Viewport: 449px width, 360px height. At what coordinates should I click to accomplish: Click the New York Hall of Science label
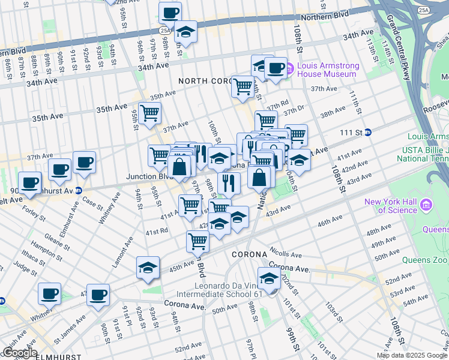390,206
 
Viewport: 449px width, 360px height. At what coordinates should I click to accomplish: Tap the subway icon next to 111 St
367,132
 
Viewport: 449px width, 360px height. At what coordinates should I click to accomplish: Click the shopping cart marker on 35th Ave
149,113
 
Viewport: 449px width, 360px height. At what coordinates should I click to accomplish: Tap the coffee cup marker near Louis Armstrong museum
276,68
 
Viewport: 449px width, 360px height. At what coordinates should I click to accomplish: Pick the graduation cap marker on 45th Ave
148,268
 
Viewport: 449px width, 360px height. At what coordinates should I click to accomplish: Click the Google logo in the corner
19,353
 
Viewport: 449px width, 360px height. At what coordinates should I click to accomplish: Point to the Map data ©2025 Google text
411,355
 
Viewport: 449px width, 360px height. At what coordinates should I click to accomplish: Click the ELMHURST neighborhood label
59,356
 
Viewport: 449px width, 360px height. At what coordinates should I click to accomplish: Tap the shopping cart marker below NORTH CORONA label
243,86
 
